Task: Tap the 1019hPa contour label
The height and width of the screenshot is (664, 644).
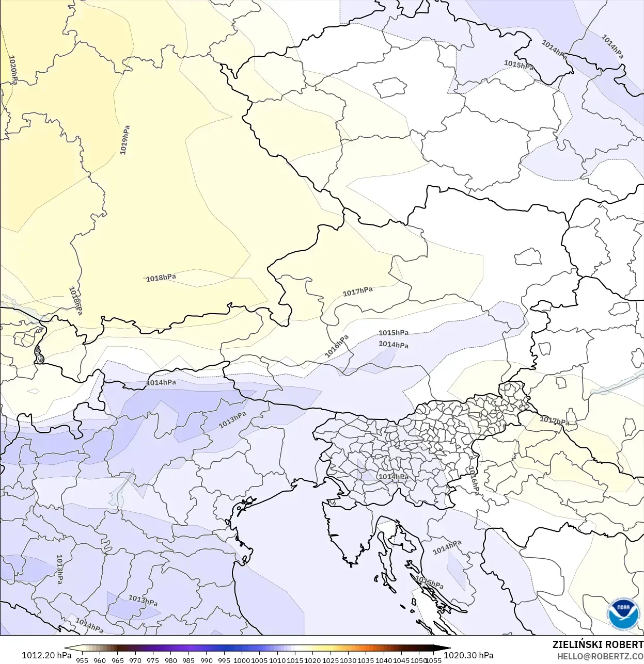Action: coord(124,140)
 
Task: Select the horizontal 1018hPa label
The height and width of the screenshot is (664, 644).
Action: coord(161,278)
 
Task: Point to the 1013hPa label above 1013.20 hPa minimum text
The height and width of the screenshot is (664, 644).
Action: coord(59,569)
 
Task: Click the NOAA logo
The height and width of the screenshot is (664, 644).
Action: coord(623,614)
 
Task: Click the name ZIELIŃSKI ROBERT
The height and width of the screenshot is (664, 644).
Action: coord(598,644)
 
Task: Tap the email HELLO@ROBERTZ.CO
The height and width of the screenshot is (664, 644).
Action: coord(600,656)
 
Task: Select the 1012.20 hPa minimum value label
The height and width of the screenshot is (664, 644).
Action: coord(46,655)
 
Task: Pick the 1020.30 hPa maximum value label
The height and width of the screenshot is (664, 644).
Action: coord(468,655)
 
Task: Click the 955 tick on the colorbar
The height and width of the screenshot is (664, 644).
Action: coord(82,660)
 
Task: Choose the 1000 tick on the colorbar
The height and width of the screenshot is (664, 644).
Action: coord(242,660)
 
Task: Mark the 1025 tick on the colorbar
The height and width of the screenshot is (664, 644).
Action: coord(331,660)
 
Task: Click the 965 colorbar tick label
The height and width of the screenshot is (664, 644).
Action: coord(118,660)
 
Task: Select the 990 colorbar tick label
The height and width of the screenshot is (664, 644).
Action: coord(207,660)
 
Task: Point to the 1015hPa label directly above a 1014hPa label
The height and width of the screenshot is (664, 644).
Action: coord(394,333)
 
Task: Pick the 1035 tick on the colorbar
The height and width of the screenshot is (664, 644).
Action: coord(366,660)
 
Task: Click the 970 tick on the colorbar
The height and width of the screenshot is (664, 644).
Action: coord(135,660)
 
